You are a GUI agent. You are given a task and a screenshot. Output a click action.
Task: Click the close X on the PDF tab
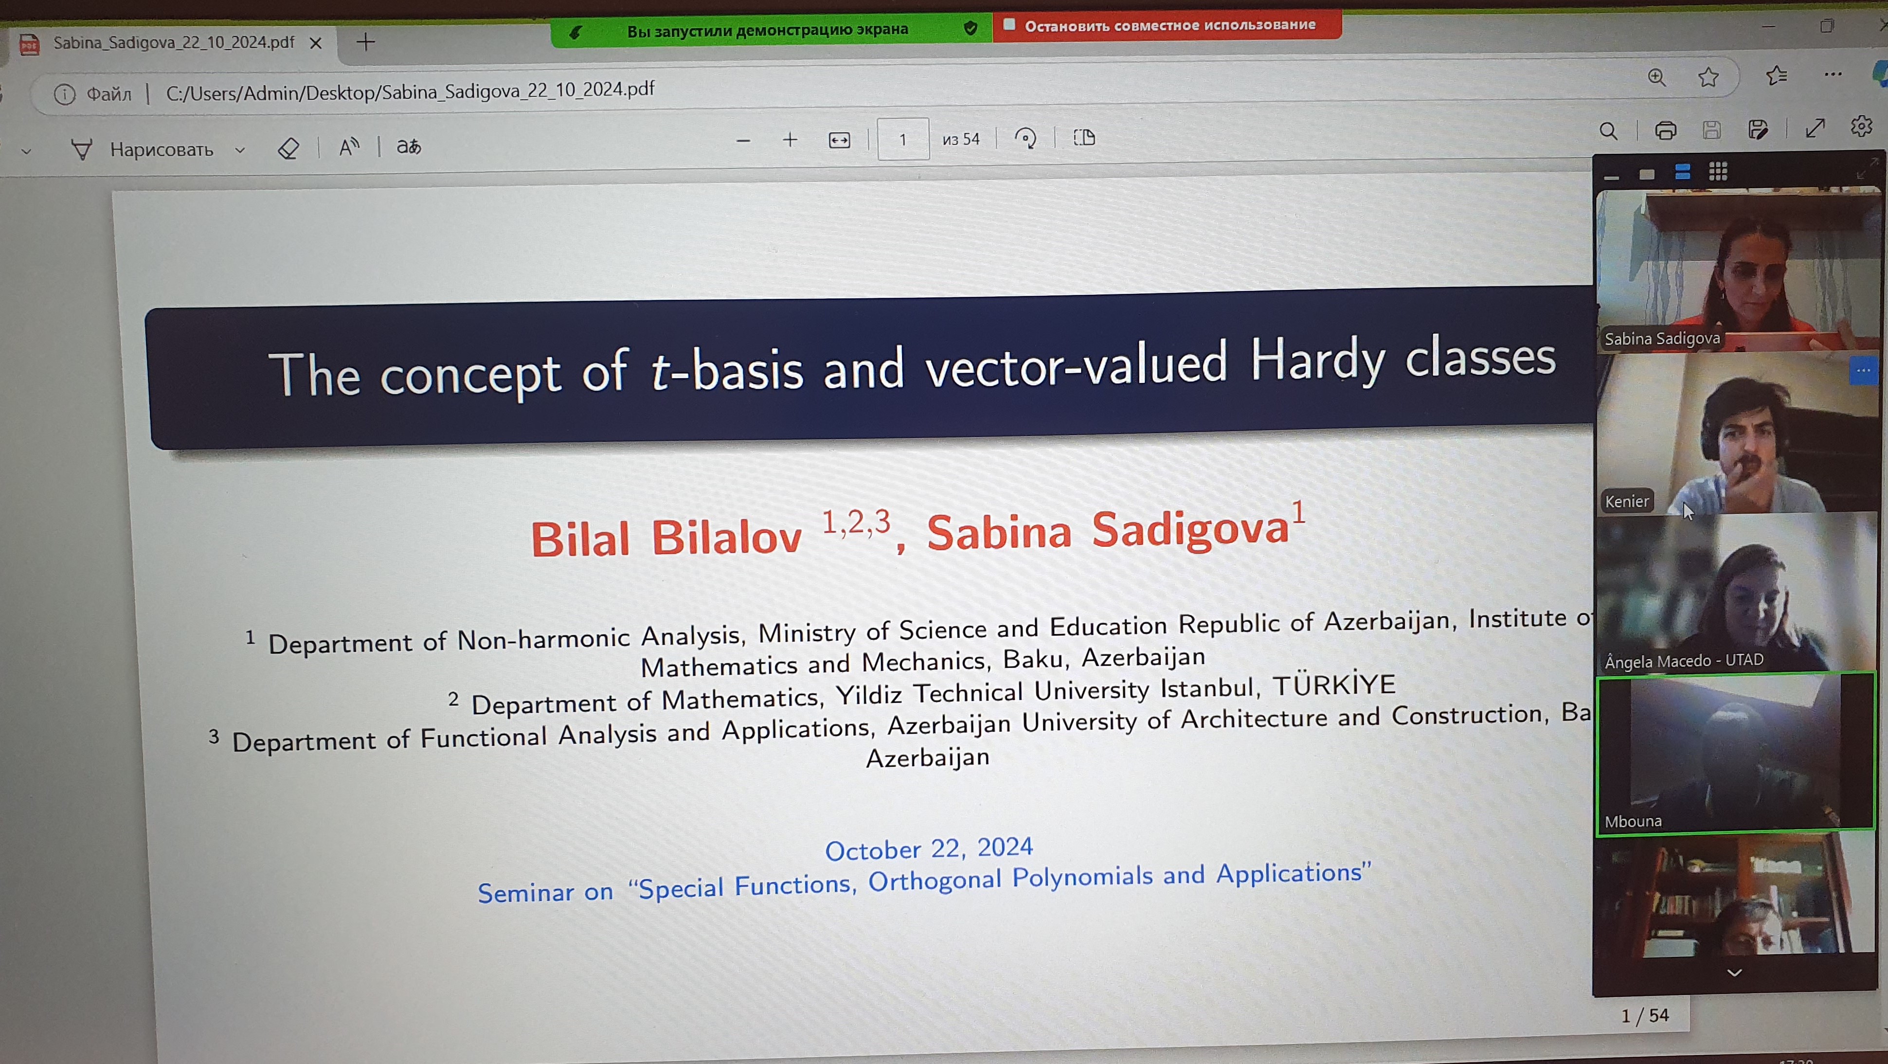pos(316,43)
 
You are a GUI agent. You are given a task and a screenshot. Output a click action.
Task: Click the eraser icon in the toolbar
pos(288,148)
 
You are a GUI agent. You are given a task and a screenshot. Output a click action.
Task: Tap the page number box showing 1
pos(903,139)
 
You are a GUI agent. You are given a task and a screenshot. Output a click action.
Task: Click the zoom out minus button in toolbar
pos(743,141)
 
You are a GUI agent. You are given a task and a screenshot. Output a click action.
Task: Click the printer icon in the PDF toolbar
pos(1665,130)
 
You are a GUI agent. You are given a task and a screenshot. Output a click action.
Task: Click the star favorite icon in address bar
pos(1708,77)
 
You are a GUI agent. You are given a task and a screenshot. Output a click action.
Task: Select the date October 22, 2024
pos(929,848)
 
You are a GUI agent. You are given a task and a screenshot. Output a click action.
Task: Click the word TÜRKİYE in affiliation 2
pos(1334,685)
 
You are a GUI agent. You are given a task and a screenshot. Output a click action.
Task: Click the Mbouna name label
pos(1633,821)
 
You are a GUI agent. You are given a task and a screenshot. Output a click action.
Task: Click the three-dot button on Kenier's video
pos(1862,370)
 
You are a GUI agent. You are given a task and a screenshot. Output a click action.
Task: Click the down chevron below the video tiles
pos(1734,973)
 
